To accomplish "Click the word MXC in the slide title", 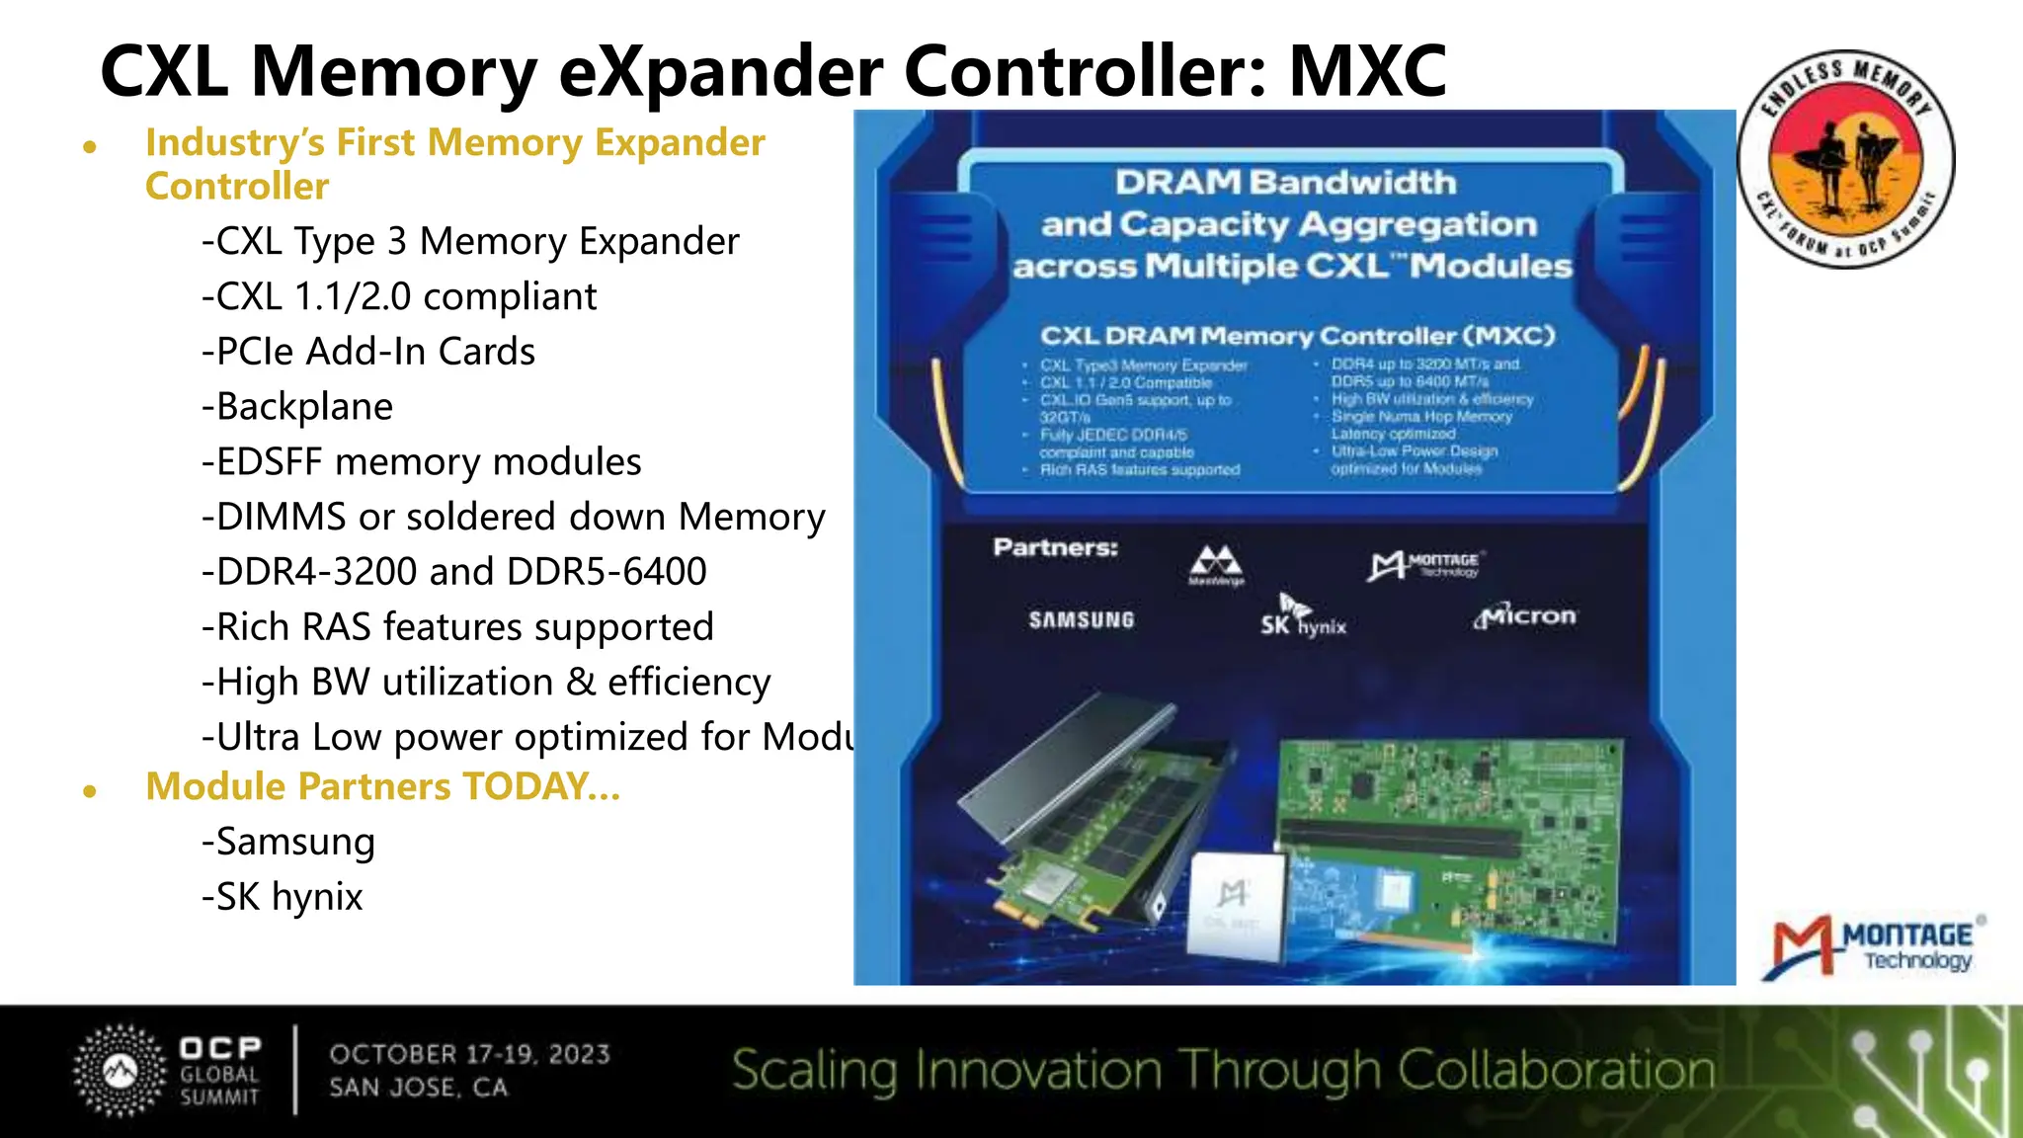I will [1367, 71].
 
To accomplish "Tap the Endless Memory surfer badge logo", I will [1845, 158].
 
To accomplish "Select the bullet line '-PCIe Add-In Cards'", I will [368, 352].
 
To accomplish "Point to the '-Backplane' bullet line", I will [297, 407].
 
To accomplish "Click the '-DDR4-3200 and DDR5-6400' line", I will [454, 572].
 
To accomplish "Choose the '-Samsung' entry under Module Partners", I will [288, 842].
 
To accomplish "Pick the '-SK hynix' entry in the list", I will [283, 897].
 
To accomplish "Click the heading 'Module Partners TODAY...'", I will [382, 786].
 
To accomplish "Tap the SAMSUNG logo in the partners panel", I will [1082, 620].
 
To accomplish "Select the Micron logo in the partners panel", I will [1525, 616].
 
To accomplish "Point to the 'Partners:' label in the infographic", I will [1055, 547].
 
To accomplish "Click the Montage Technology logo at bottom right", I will [1873, 946].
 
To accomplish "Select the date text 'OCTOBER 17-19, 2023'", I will [470, 1054].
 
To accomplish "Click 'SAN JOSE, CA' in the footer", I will [419, 1088].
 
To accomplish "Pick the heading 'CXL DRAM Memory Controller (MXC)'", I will [1297, 336].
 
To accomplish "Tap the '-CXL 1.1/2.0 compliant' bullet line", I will [399, 296].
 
